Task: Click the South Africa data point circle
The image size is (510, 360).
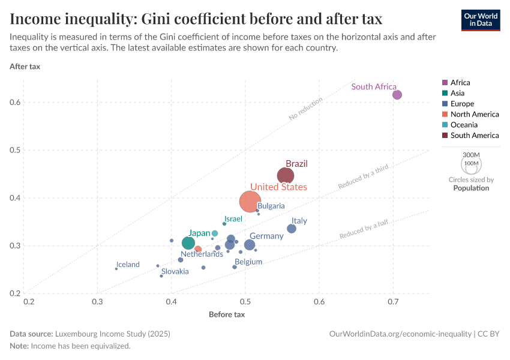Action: coord(397,95)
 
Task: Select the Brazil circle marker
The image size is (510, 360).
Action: coord(286,175)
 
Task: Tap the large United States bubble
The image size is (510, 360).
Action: coord(250,202)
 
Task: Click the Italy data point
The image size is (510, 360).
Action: coord(292,229)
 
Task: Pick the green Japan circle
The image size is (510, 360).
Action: coord(188,243)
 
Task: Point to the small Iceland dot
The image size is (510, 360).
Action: coord(116,269)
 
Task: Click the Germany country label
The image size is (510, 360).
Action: coord(266,236)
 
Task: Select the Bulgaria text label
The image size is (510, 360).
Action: coord(271,206)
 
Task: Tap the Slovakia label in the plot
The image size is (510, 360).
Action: coord(175,272)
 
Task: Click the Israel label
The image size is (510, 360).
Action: coord(233,219)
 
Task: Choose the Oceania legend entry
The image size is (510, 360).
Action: coord(464,125)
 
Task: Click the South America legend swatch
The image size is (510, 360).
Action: coord(445,136)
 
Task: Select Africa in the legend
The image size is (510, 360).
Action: coord(460,82)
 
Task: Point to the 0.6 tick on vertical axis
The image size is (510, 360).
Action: coord(16,103)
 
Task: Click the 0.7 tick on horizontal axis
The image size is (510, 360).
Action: coord(393,301)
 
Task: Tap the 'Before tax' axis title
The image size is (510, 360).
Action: coord(227,314)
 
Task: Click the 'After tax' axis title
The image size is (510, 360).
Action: coord(25,66)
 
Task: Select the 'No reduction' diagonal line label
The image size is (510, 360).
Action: coord(306,109)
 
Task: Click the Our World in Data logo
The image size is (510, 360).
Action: coord(481,19)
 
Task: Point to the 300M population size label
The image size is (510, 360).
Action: coord(471,155)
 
